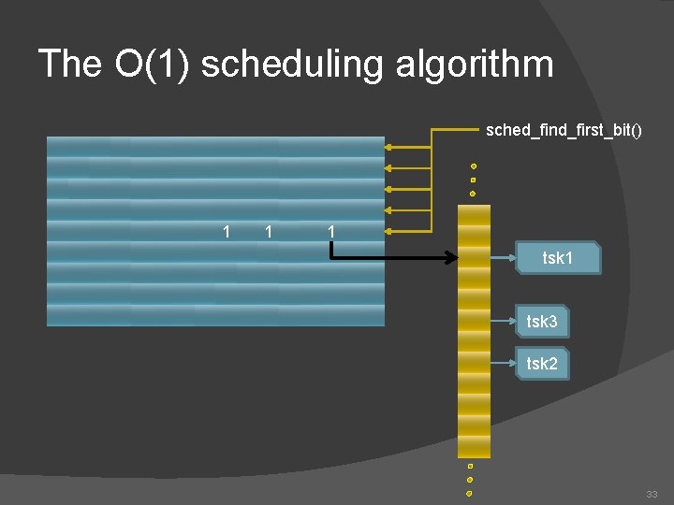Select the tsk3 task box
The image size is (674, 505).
pyautogui.click(x=542, y=322)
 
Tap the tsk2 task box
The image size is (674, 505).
pyautogui.click(x=542, y=364)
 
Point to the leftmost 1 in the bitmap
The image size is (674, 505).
pyautogui.click(x=226, y=231)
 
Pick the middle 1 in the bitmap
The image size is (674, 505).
pyautogui.click(x=269, y=231)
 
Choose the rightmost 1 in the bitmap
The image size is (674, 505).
pyautogui.click(x=330, y=231)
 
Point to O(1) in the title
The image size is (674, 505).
pyautogui.click(x=152, y=65)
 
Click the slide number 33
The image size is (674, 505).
pyautogui.click(x=652, y=494)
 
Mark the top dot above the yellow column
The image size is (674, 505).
pyautogui.click(x=474, y=166)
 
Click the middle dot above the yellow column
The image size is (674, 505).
pyautogui.click(x=473, y=180)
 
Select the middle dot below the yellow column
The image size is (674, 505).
pyautogui.click(x=470, y=480)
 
